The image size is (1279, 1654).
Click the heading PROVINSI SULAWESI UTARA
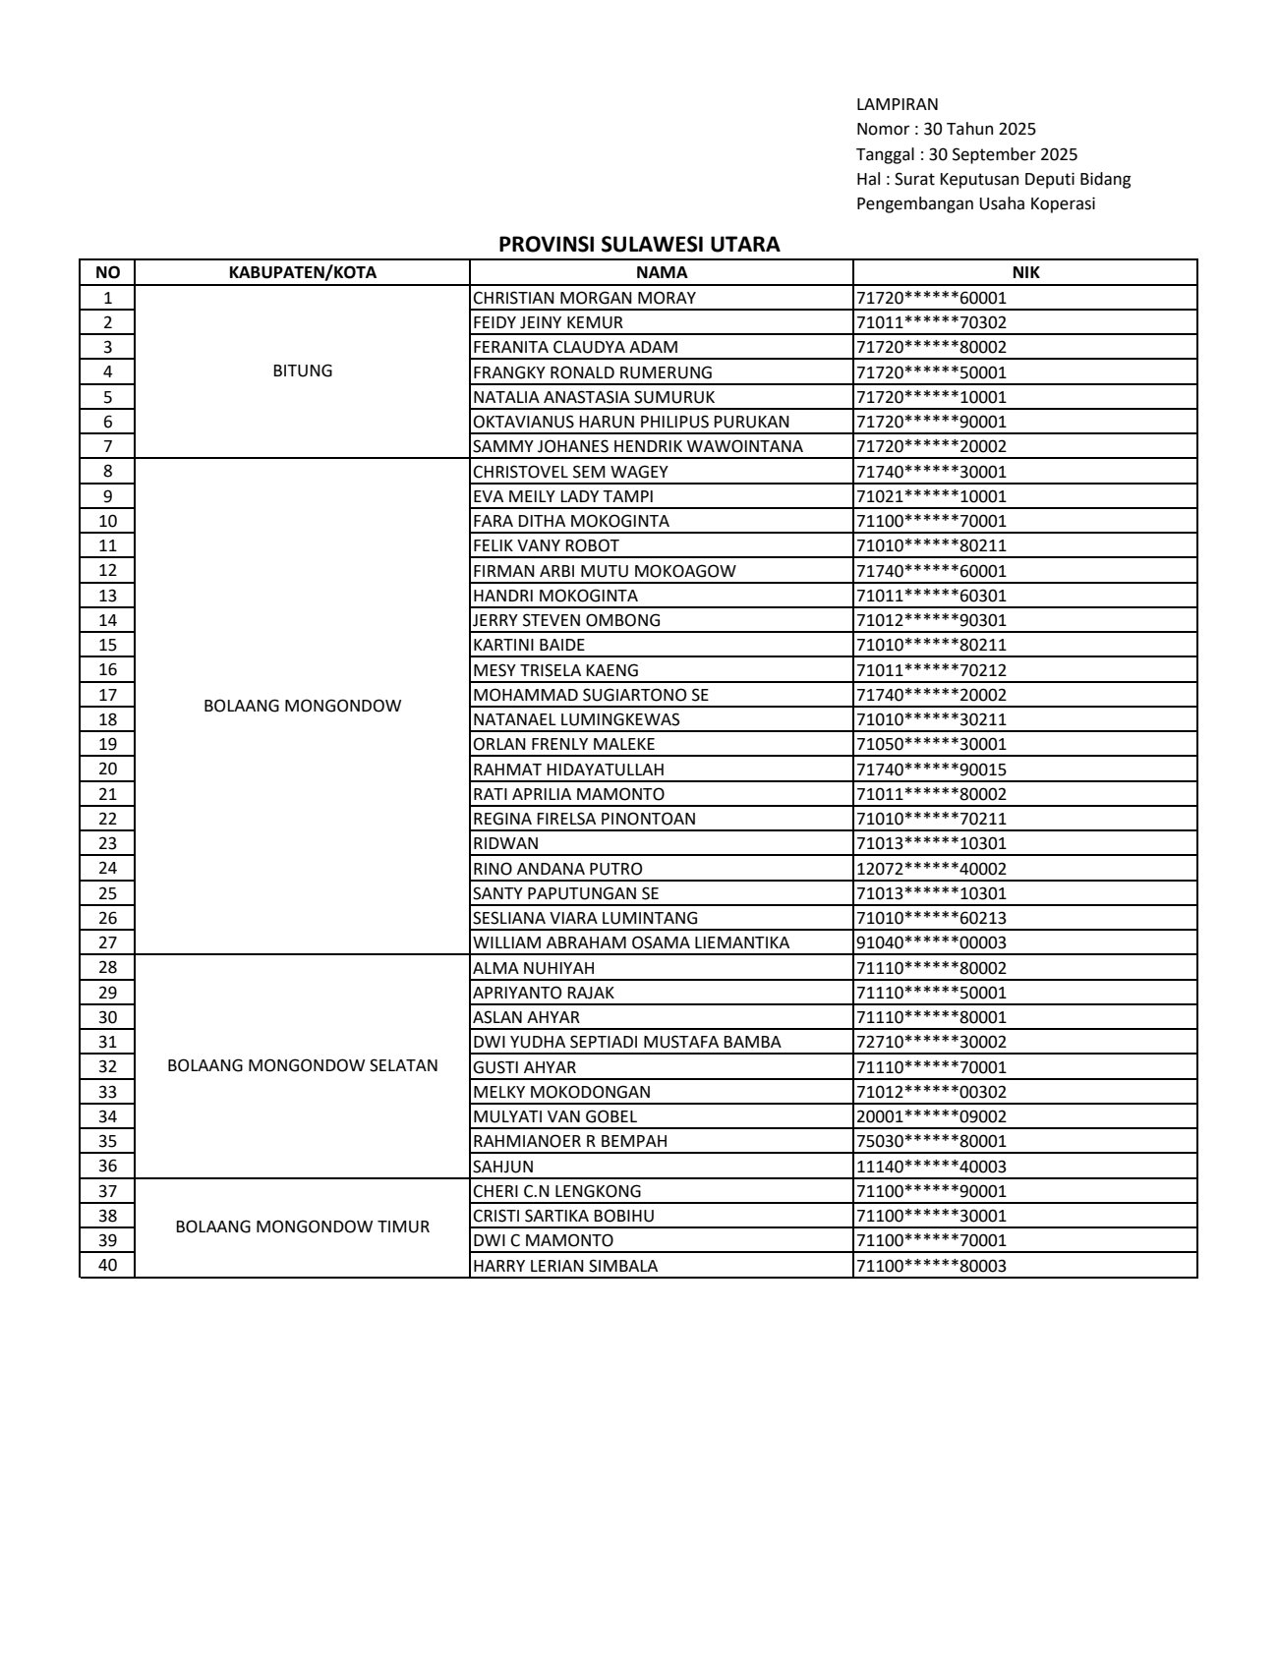[x=639, y=245]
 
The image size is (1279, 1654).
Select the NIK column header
[x=1025, y=272]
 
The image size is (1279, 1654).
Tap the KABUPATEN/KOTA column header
[x=302, y=272]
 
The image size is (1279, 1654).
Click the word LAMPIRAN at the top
[x=897, y=104]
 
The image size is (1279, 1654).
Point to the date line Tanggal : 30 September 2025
[x=966, y=154]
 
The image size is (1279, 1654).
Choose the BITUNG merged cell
[x=302, y=371]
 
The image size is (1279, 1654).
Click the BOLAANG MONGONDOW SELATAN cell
[x=302, y=1066]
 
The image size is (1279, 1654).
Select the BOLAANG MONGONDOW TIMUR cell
[x=302, y=1227]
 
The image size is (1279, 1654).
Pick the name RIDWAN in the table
[x=505, y=843]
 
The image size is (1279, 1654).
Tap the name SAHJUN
[x=503, y=1167]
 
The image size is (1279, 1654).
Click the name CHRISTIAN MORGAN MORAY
[x=584, y=298]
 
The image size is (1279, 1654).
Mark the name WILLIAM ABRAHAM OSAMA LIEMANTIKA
[x=631, y=942]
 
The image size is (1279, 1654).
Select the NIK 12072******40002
[x=931, y=869]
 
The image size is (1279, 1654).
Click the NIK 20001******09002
[x=931, y=1116]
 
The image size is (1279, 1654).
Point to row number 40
[x=107, y=1265]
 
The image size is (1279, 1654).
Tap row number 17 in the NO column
[x=107, y=695]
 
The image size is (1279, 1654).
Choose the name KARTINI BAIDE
[x=529, y=645]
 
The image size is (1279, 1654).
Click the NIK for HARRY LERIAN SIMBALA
[x=931, y=1266]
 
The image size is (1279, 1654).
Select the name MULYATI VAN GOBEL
[x=554, y=1116]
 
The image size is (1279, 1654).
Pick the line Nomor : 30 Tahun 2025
[x=946, y=129]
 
